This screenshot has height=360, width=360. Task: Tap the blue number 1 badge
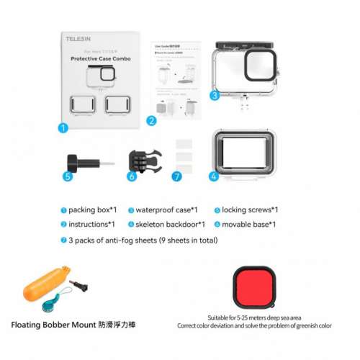(63, 128)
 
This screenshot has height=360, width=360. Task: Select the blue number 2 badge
(151, 121)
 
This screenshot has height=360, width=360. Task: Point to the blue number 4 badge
(214, 175)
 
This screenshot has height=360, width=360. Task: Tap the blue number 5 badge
(68, 175)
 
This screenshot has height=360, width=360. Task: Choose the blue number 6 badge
(132, 175)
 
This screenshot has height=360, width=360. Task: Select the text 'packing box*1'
(92, 210)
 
